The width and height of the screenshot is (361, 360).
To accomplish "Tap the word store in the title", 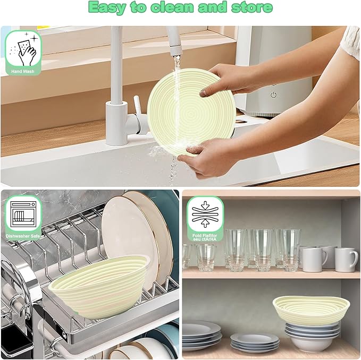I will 253,7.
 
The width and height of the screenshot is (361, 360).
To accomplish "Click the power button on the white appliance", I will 273,95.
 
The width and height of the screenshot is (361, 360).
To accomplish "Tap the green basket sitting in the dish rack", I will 98,286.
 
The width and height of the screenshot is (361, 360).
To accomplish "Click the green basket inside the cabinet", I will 311,310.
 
